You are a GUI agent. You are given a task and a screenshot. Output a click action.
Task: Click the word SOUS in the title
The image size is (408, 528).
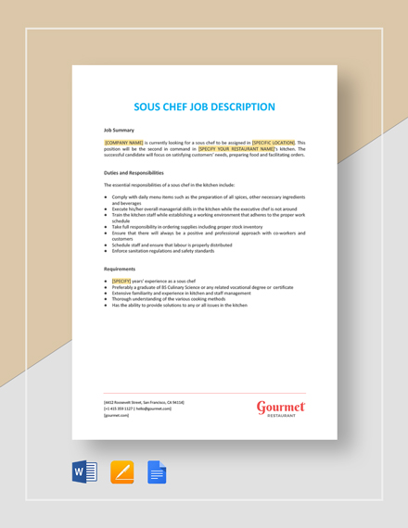click(x=151, y=107)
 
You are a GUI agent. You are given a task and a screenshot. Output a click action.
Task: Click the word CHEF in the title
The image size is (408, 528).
click(x=185, y=107)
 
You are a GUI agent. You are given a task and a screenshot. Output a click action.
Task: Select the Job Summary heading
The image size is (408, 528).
click(x=119, y=130)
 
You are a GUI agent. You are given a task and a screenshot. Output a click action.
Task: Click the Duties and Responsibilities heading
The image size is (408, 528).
click(x=134, y=172)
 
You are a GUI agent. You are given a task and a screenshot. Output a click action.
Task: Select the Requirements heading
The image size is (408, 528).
click(x=121, y=269)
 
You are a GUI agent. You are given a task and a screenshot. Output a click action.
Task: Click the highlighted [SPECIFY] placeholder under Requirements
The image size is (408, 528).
click(x=121, y=281)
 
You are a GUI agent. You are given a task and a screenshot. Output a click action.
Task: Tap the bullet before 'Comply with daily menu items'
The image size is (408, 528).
click(x=106, y=197)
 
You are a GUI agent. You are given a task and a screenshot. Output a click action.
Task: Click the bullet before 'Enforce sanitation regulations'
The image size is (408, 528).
click(x=106, y=250)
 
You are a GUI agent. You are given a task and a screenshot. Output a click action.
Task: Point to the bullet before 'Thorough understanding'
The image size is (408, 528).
click(x=106, y=298)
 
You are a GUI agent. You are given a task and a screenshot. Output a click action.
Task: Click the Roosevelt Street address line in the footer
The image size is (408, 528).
click(x=144, y=402)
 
